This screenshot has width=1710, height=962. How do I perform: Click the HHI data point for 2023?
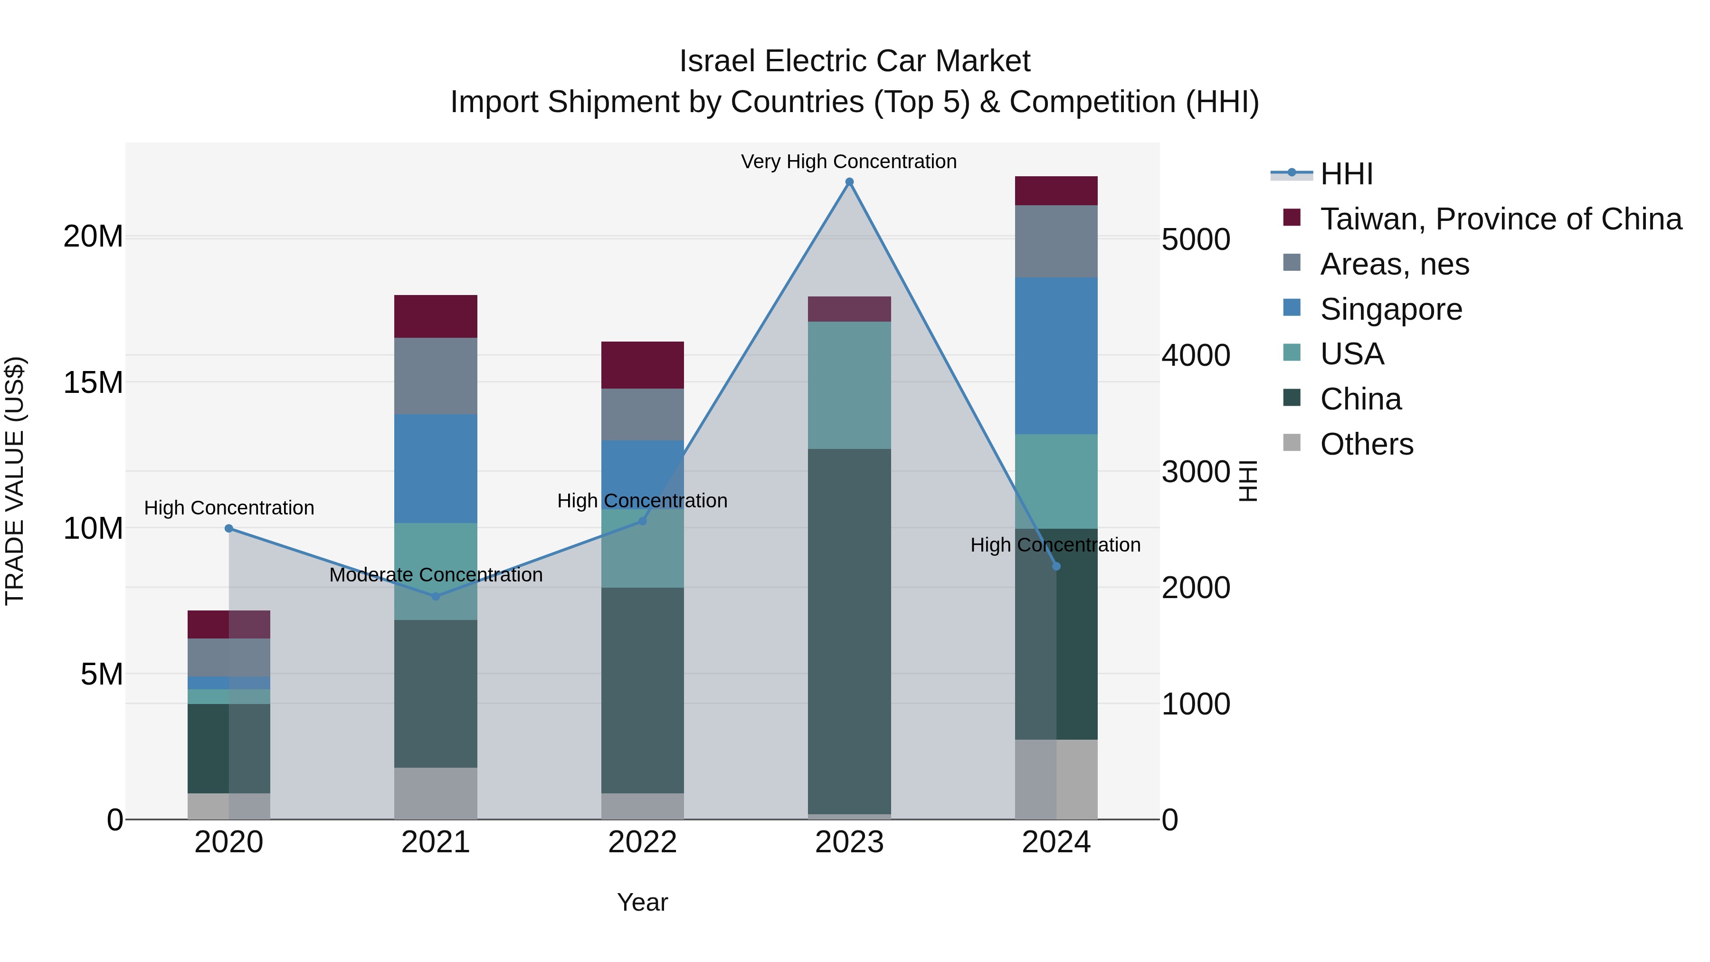849,182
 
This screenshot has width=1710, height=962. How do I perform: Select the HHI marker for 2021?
436,596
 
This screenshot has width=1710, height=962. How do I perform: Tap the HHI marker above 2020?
229,528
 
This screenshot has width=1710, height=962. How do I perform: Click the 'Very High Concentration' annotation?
848,162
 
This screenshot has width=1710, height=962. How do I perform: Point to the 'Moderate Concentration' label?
436,575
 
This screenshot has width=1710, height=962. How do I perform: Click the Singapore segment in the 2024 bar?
1055,356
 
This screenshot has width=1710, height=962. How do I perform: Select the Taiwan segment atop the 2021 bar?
436,317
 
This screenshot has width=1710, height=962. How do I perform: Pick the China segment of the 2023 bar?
849,631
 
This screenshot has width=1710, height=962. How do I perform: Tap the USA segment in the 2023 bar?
849,385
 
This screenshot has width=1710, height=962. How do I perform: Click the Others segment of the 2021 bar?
436,793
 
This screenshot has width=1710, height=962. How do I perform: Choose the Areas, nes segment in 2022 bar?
642,414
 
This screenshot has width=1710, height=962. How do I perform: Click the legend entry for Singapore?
1391,309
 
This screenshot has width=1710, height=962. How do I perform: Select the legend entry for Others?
1366,444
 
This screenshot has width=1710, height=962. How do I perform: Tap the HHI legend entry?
1346,174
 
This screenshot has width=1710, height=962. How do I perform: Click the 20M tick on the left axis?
93,237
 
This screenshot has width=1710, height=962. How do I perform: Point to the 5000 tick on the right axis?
1196,240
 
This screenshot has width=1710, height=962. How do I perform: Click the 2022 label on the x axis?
642,842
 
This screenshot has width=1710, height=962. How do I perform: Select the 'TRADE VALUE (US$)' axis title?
15,481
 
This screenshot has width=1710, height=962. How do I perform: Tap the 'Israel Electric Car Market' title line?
855,61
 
